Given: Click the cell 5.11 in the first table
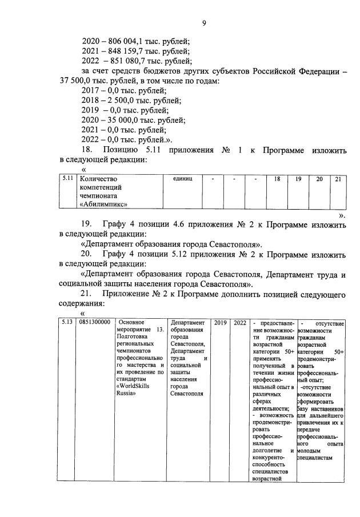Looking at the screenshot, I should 68,179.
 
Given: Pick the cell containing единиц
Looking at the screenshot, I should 178,179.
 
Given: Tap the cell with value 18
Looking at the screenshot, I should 277,179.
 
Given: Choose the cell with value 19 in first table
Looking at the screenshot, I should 298,179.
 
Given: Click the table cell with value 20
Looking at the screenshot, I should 319,179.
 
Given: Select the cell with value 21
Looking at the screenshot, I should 338,179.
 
